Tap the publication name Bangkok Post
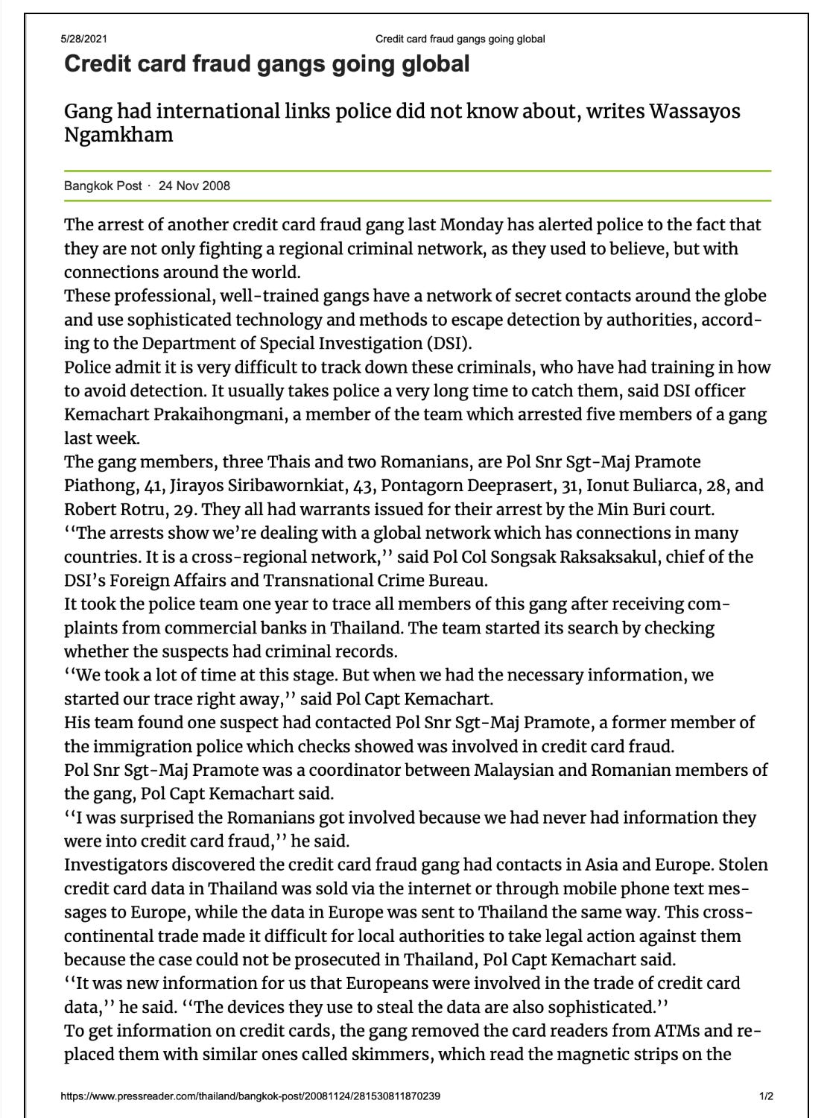pyautogui.click(x=103, y=186)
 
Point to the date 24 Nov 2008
pyautogui.click(x=194, y=186)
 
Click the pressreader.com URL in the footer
pyautogui.click(x=250, y=1096)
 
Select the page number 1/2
pyautogui.click(x=765, y=1096)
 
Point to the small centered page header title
pyautogui.click(x=460, y=39)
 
